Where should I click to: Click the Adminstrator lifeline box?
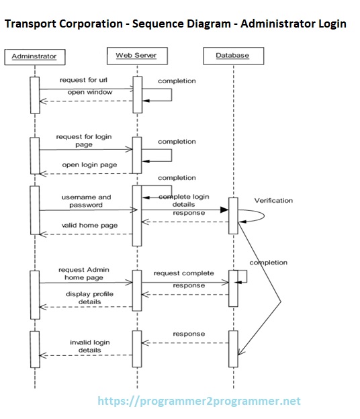pyautogui.click(x=34, y=56)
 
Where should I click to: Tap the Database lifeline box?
pyautogui.click(x=232, y=55)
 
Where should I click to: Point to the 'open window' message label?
pyautogui.click(x=90, y=92)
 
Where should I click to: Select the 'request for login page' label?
pyautogui.click(x=85, y=140)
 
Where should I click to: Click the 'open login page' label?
pyautogui.click(x=89, y=165)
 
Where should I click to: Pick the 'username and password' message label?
pyautogui.click(x=87, y=201)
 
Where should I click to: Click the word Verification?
pyautogui.click(x=273, y=200)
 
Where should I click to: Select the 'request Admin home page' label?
pyautogui.click(x=84, y=273)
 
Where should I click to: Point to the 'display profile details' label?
pyautogui.click(x=89, y=297)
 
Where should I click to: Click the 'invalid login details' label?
pyautogui.click(x=90, y=346)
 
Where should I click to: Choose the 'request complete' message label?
pyautogui.click(x=184, y=273)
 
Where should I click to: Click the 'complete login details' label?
pyautogui.click(x=184, y=200)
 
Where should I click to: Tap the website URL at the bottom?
pyautogui.click(x=199, y=402)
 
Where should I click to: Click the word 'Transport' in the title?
pyautogui.click(x=32, y=24)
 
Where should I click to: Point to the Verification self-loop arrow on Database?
pyautogui.click(x=259, y=215)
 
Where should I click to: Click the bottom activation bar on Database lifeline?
pyautogui.click(x=232, y=348)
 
